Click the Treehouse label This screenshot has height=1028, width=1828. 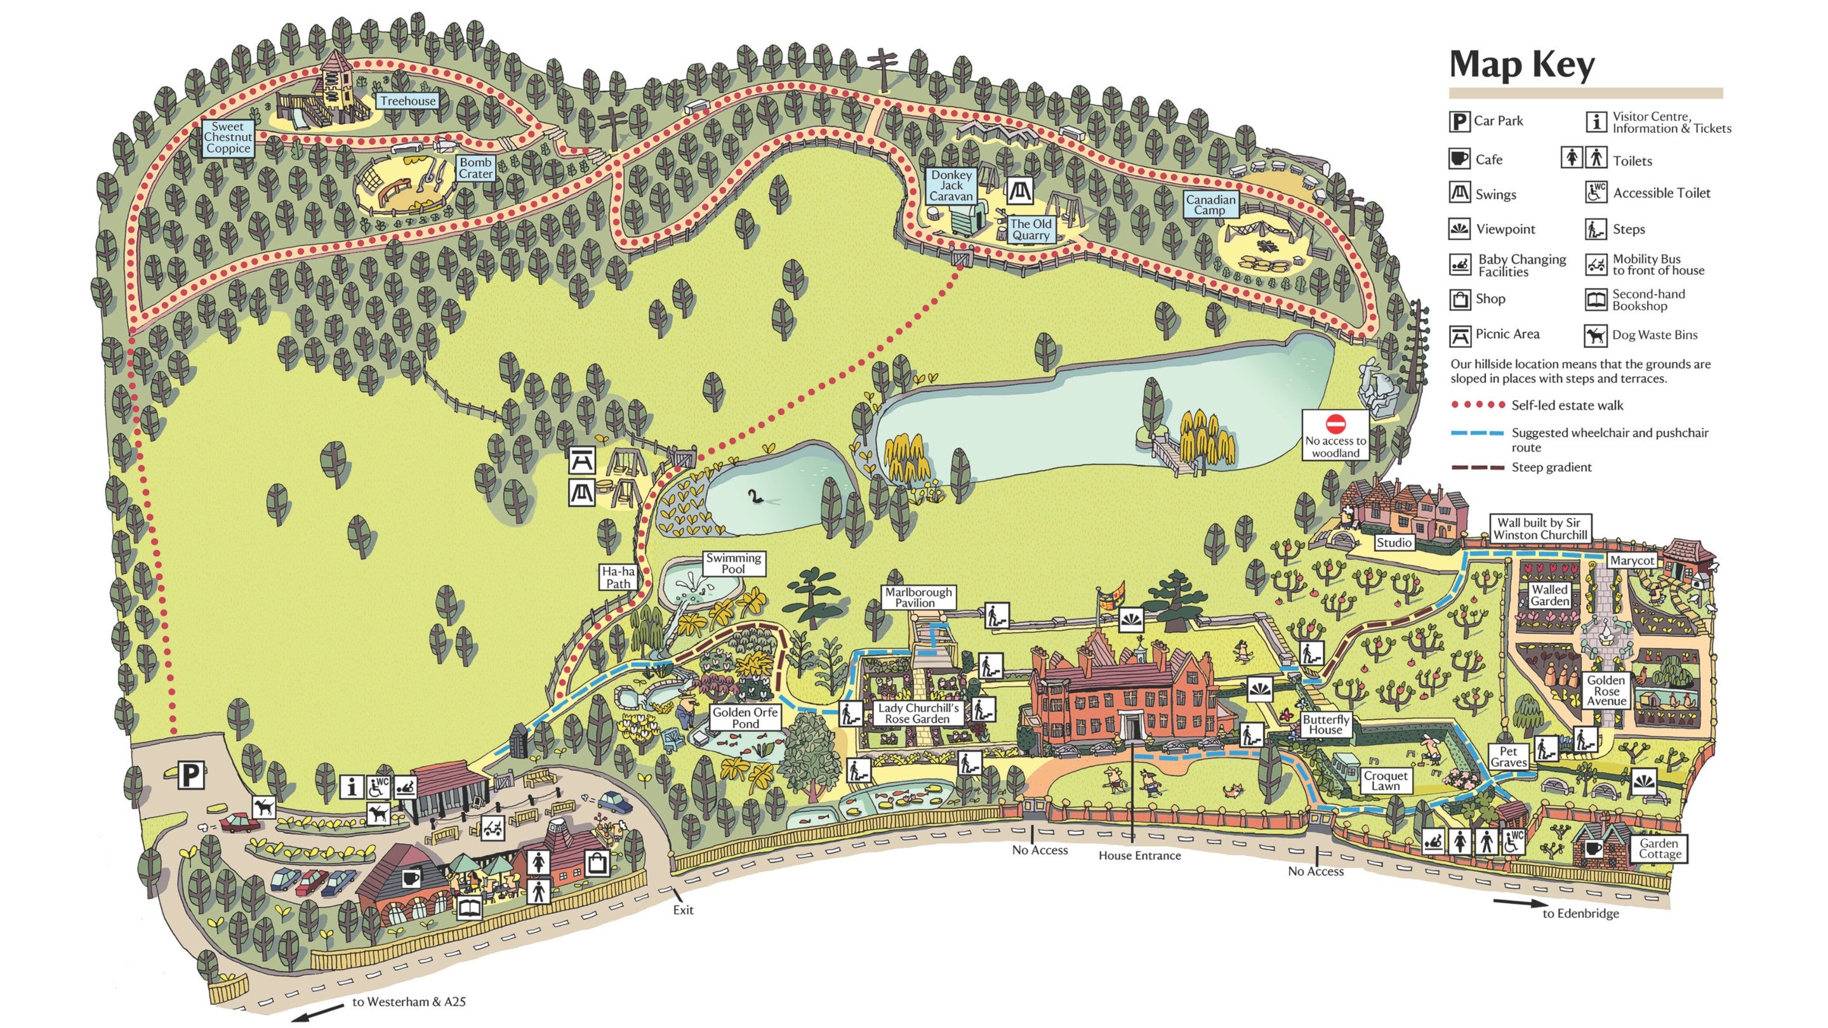pos(407,101)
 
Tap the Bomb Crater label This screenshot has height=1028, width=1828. pos(475,168)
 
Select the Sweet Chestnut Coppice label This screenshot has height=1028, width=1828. pos(228,138)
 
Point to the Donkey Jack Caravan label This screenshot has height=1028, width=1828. pos(951,185)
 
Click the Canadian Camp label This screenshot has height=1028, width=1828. pos(1210,204)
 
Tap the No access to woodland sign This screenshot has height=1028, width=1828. pos(1335,435)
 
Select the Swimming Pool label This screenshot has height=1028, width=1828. pos(733,563)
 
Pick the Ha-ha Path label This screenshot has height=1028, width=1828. pos(618,577)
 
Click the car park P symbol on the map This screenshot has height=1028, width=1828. pos(190,775)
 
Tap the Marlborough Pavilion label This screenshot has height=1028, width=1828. pos(918,596)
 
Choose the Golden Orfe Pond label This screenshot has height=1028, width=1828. pos(745,717)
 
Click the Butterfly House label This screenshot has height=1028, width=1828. pos(1325,723)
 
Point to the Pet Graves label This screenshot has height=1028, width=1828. pos(1508,756)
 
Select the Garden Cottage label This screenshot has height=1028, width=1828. pos(1659,848)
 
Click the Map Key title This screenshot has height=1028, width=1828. pos(1521,65)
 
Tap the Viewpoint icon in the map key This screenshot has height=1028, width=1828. pos(1459,229)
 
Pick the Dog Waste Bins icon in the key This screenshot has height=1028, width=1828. pos(1596,335)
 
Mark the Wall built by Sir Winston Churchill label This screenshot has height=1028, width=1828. pos(1540,529)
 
